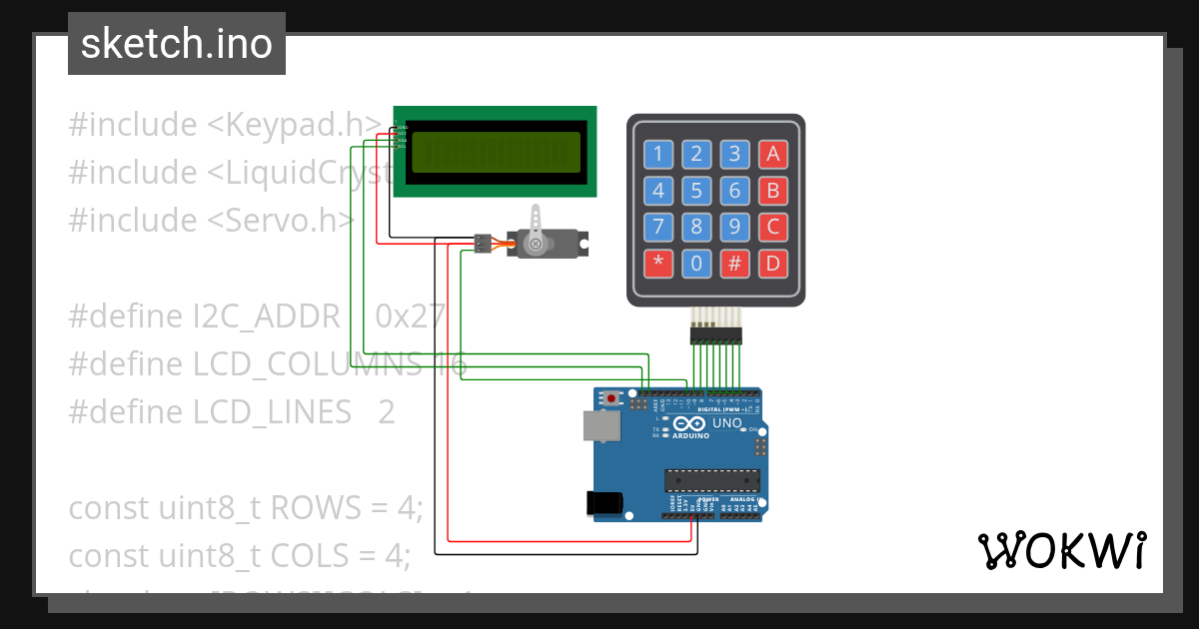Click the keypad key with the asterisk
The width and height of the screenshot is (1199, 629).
[657, 265]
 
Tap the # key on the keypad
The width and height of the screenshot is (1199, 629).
[734, 265]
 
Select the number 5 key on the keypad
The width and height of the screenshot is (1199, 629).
[696, 191]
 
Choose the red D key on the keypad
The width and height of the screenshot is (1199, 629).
[771, 265]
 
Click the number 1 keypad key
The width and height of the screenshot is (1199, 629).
[657, 154]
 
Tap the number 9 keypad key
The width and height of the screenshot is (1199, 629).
[734, 228]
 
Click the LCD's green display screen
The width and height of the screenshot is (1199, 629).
[497, 152]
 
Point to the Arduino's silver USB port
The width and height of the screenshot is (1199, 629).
[600, 426]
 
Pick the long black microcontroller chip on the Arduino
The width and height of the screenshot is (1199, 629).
[712, 480]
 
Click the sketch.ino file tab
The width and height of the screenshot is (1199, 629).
[177, 44]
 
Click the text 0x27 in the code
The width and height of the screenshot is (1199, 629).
[410, 316]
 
